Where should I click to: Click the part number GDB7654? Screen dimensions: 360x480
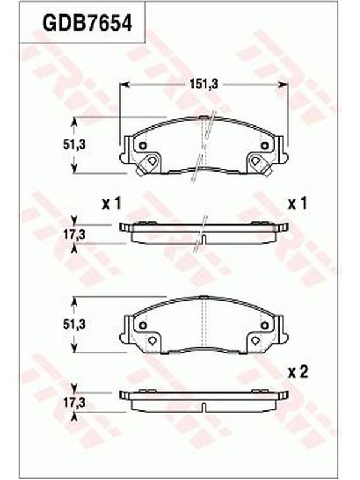coord(87,23)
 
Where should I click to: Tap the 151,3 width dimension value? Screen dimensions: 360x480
coord(203,84)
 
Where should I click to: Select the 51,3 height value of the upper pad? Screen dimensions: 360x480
coord(74,145)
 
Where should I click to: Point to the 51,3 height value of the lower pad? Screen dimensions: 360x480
coord(74,325)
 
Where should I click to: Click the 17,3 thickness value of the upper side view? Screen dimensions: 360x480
coord(74,235)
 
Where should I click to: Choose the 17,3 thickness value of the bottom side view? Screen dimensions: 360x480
coord(74,403)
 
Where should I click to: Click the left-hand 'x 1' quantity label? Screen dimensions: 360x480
coord(112,204)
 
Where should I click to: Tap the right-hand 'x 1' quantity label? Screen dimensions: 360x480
coord(297,204)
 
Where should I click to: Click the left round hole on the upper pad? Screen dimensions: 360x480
coord(143,146)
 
